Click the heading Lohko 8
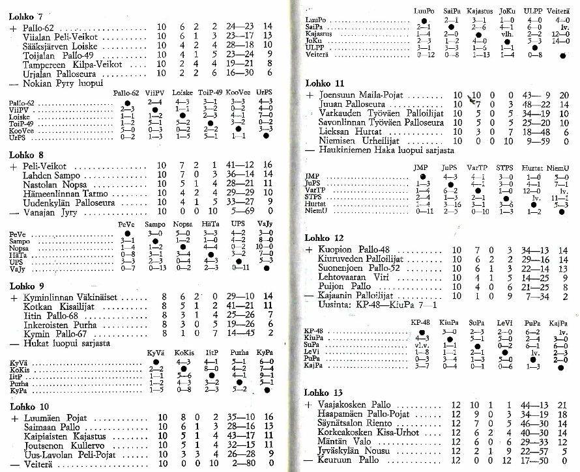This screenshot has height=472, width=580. click(24, 155)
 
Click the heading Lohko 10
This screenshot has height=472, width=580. click(26, 406)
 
